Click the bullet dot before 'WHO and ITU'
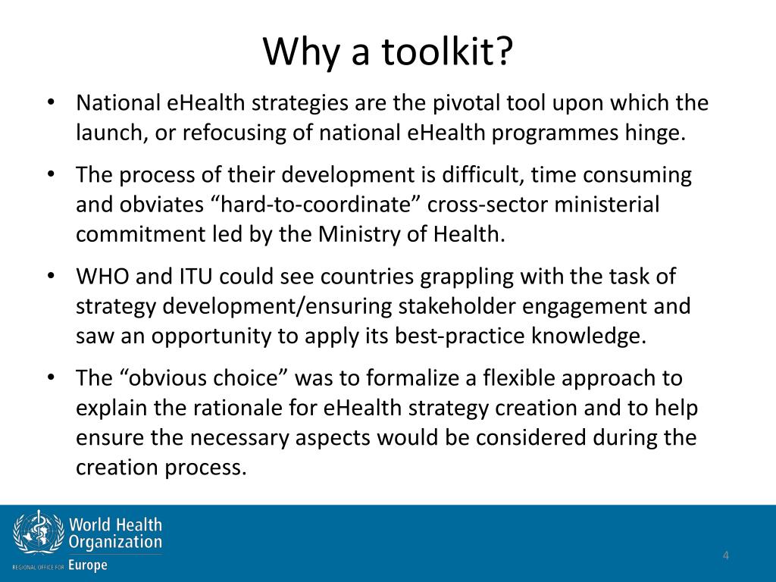click(51, 277)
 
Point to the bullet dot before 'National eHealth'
click(51, 103)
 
